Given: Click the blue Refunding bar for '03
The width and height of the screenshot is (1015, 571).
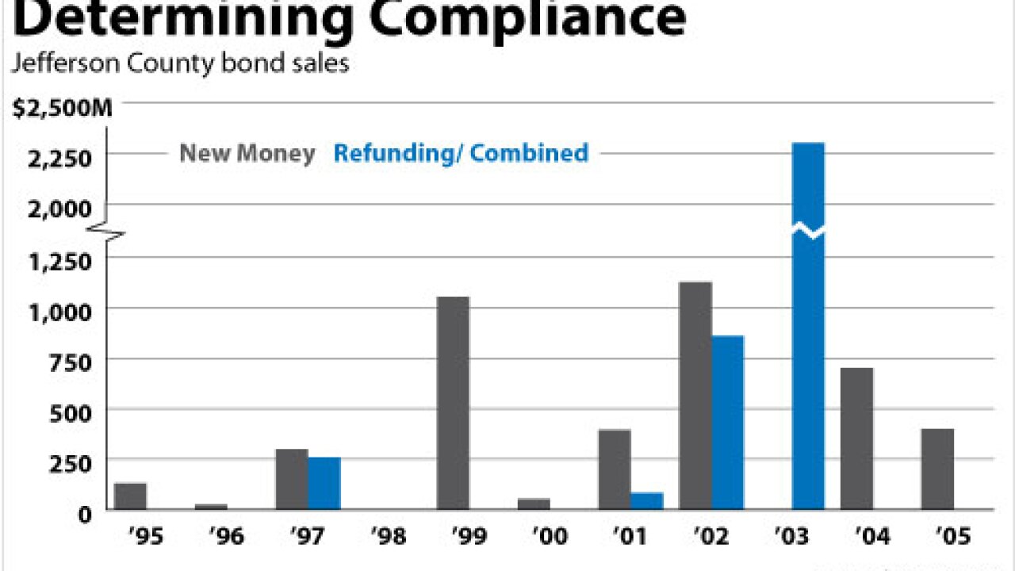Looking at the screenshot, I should pos(808,325).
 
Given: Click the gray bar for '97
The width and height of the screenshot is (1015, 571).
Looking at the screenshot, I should pos(292,479).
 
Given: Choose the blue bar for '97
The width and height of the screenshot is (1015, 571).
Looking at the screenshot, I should pos(324,483).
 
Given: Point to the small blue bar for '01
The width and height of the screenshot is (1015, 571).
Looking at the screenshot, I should pos(647,500).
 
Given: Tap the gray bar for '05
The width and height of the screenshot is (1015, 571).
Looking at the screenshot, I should pos(937,469).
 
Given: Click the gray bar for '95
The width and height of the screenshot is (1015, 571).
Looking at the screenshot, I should pos(131,496).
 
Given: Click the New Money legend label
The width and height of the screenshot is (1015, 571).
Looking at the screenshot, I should pos(247,153).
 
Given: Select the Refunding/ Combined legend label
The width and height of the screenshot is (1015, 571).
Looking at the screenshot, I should pos(461,152).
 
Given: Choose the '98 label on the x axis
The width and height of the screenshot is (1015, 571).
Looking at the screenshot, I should pos(388,537).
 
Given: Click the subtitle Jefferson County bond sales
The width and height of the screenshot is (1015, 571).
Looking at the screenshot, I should pos(180,63).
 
